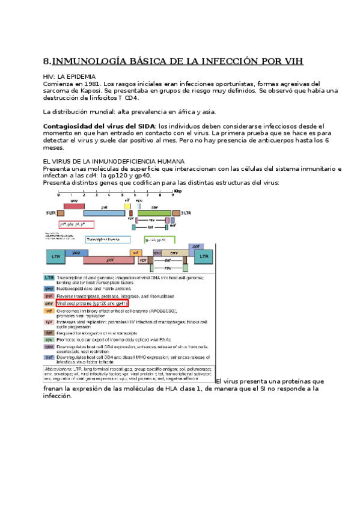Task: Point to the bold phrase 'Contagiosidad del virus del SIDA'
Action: [x=96, y=126]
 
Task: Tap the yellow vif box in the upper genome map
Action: [x=127, y=206]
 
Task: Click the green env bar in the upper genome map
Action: [x=154, y=213]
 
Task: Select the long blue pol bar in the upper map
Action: [x=103, y=213]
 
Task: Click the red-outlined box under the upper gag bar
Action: [x=77, y=224]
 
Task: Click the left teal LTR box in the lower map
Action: [x=56, y=257]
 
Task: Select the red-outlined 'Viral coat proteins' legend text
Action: [x=92, y=304]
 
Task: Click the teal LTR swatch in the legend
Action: [x=49, y=277]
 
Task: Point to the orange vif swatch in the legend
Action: [x=49, y=312]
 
